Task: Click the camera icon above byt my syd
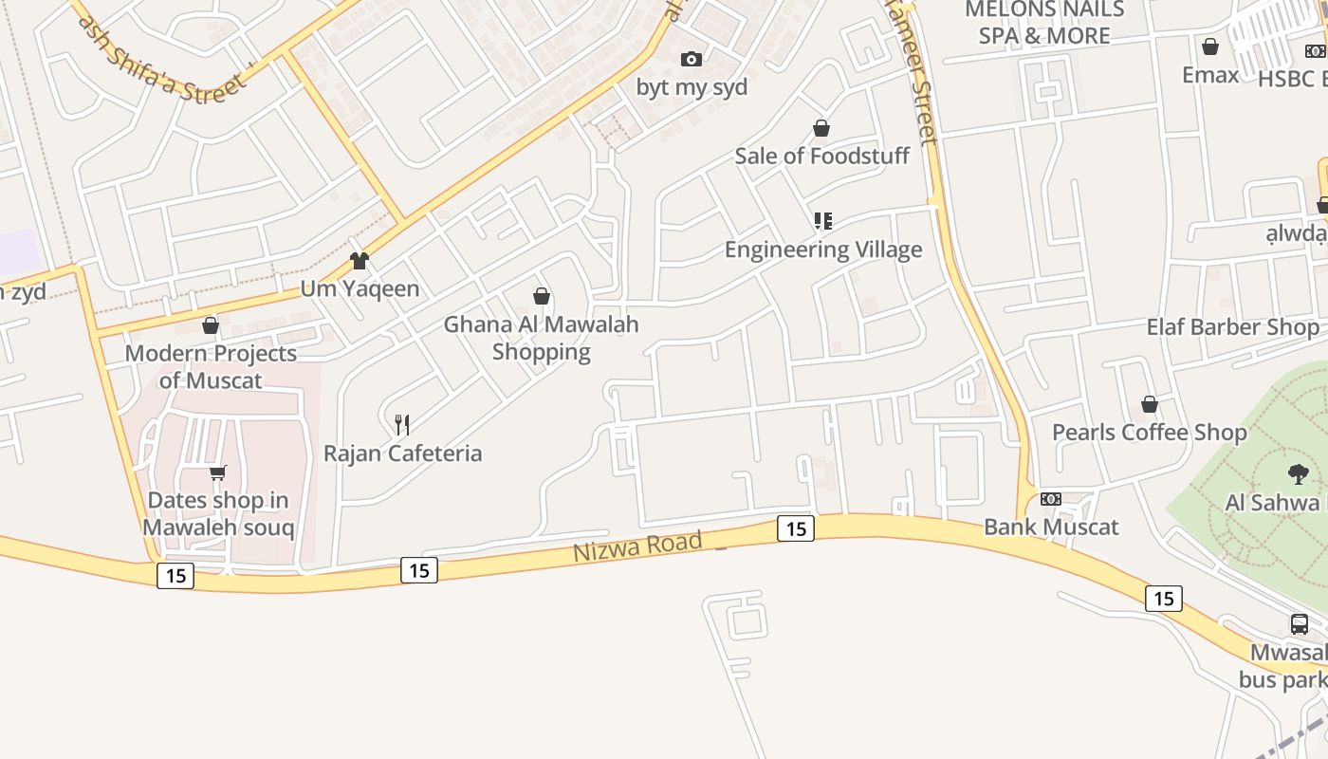[692, 59]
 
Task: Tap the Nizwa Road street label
[637, 546]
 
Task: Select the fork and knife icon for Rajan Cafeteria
[402, 424]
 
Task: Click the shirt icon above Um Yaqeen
[359, 260]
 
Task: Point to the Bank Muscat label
[1051, 527]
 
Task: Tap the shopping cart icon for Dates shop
[218, 472]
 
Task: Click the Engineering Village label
[822, 250]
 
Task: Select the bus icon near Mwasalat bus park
[1300, 624]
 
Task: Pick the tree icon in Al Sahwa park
[1298, 473]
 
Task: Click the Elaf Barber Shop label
[1232, 327]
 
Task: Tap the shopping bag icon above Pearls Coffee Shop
[1150, 404]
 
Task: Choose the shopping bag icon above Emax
[1210, 46]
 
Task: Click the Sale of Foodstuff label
[821, 156]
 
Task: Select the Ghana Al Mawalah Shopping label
[542, 338]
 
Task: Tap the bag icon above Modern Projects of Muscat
[211, 325]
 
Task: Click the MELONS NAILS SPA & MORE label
[1044, 23]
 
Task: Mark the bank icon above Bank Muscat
[1051, 499]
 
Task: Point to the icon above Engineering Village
[822, 221]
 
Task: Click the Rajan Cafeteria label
[402, 454]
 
